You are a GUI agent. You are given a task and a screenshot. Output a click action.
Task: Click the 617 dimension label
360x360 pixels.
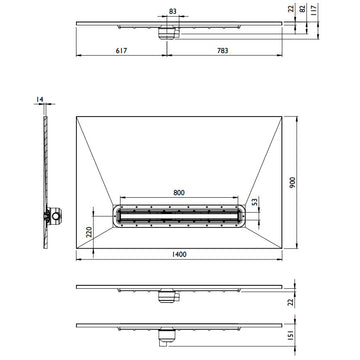(121, 51)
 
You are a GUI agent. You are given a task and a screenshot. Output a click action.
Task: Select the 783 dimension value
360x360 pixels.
(223, 51)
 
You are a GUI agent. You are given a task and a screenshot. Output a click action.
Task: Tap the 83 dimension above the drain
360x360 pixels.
(172, 11)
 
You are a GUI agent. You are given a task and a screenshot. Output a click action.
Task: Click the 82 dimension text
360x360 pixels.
(303, 9)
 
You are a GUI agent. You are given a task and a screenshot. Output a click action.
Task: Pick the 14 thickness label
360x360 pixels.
(40, 99)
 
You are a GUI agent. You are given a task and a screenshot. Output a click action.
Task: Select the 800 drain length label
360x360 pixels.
(179, 193)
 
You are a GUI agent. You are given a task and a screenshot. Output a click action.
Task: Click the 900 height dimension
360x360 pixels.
(293, 182)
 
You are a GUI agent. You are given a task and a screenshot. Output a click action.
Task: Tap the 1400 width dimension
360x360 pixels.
(179, 255)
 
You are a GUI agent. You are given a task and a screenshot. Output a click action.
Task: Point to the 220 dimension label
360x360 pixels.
(89, 232)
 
